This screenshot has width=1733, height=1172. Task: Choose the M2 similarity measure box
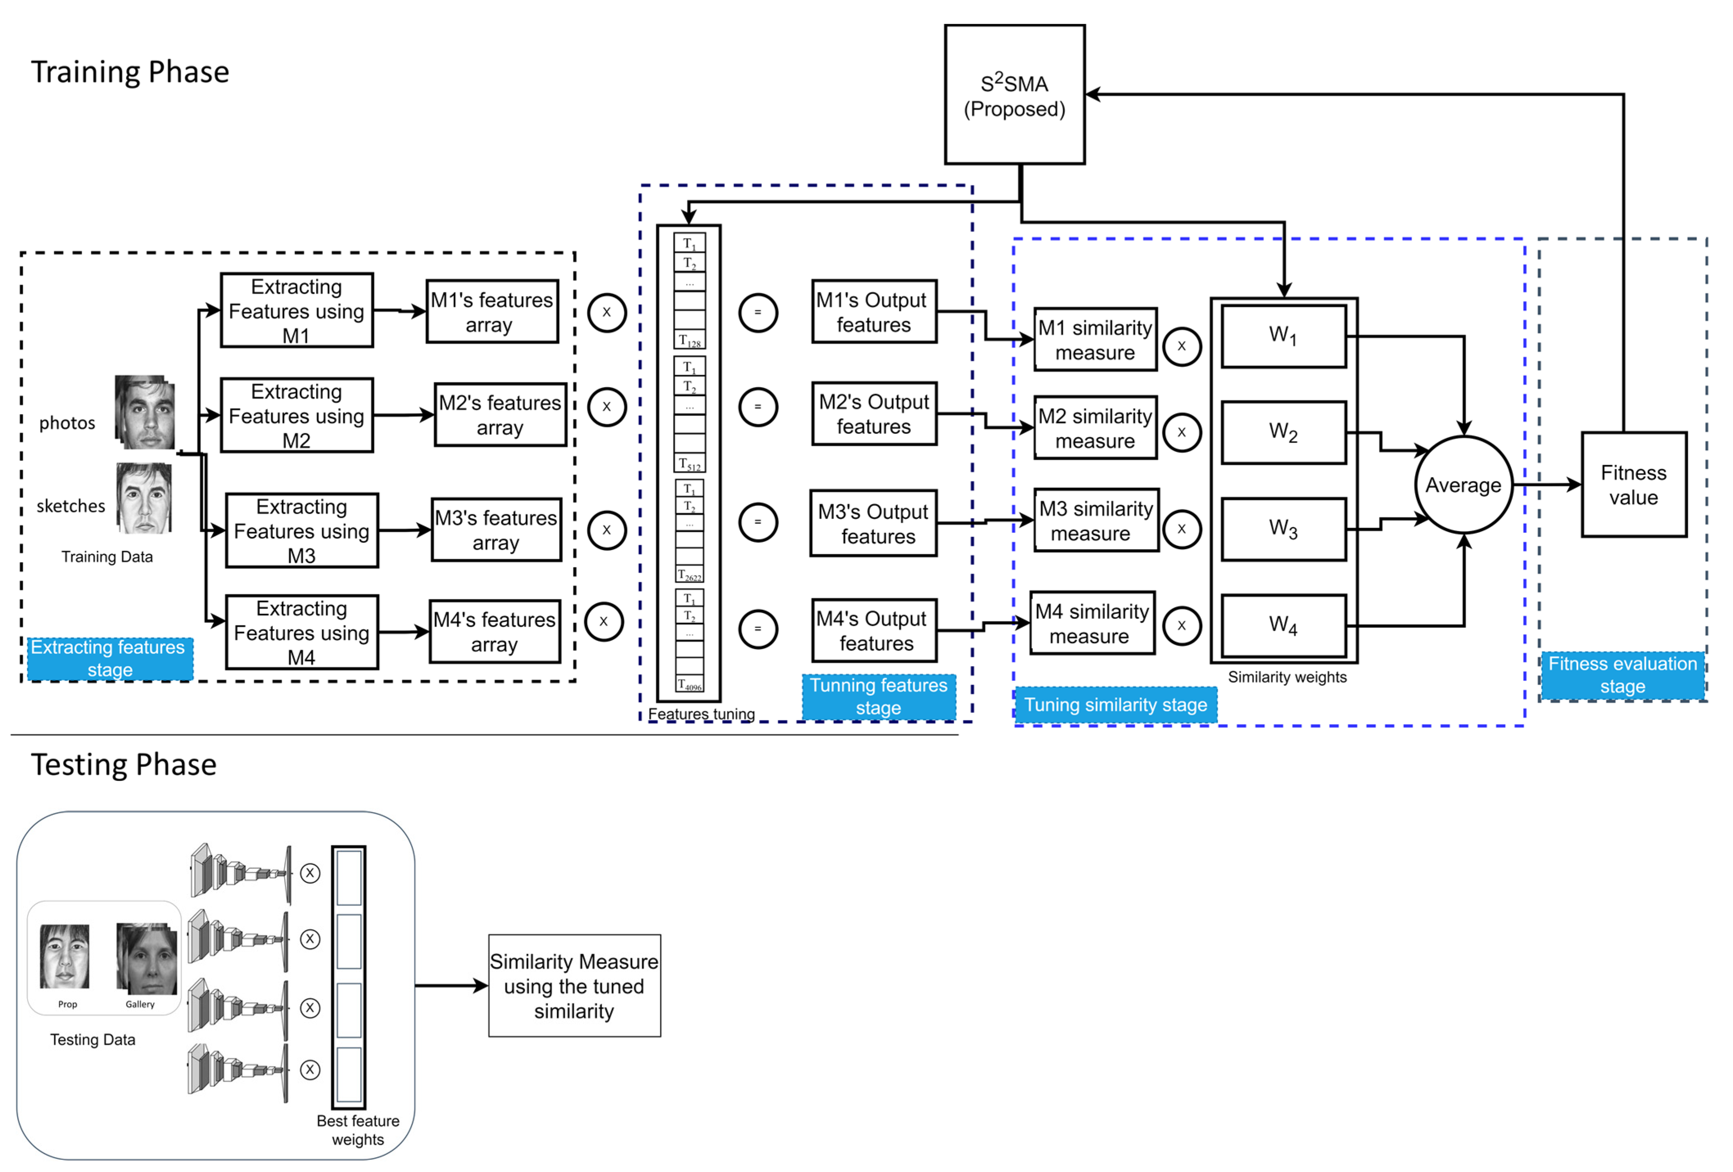point(1095,428)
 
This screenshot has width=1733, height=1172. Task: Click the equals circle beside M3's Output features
point(758,522)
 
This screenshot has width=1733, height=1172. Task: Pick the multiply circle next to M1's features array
point(606,312)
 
